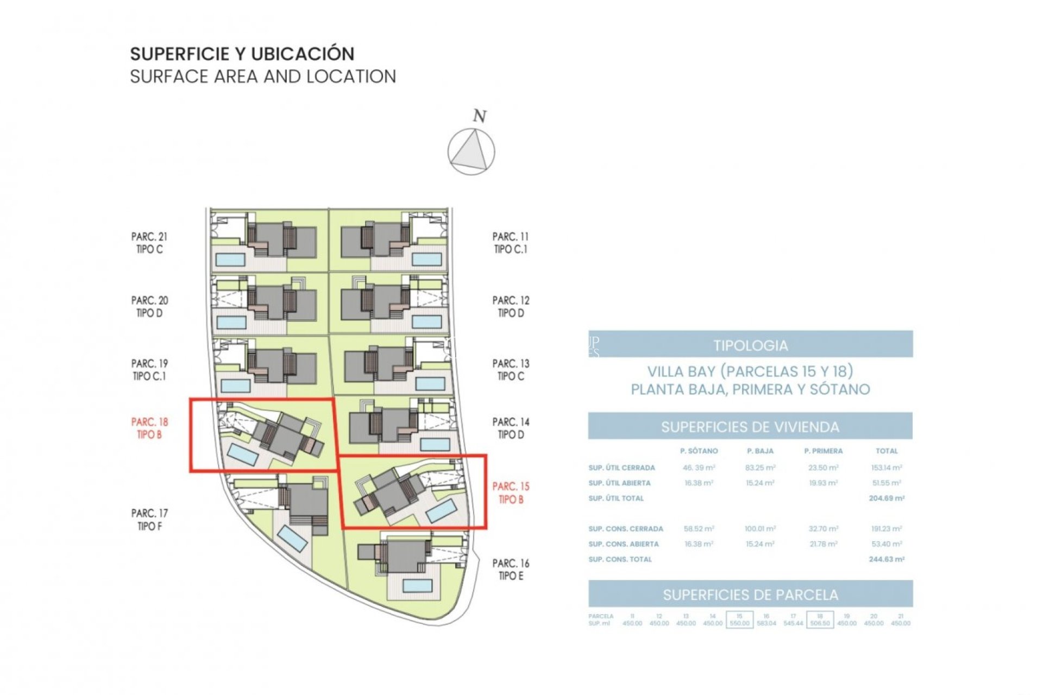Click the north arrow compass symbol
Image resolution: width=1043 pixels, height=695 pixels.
[471, 151]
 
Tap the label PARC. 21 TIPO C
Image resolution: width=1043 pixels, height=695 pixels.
[149, 243]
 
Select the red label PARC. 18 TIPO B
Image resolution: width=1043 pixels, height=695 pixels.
[149, 428]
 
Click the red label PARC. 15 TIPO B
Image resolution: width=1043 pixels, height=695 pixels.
[511, 492]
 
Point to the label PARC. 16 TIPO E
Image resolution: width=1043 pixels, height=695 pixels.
[511, 570]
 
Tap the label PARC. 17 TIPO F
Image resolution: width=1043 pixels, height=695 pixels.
[149, 519]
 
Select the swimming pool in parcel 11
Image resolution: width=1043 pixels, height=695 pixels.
[426, 259]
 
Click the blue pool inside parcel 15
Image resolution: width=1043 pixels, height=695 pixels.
[441, 511]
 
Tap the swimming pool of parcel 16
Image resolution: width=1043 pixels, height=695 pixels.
[417, 585]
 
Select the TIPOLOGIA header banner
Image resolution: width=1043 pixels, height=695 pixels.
[750, 345]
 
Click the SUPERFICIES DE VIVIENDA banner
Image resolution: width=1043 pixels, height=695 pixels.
[750, 427]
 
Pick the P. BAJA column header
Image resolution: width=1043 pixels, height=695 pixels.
[760, 451]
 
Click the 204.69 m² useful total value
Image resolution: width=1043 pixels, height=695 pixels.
[887, 498]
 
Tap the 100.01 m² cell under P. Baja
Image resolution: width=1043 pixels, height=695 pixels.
[760, 528]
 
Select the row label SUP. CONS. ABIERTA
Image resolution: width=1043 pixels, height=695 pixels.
[624, 544]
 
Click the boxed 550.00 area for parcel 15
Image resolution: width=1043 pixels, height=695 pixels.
[739, 623]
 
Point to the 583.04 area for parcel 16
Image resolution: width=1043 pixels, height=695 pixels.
[766, 623]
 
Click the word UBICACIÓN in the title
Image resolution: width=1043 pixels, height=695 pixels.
[303, 54]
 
